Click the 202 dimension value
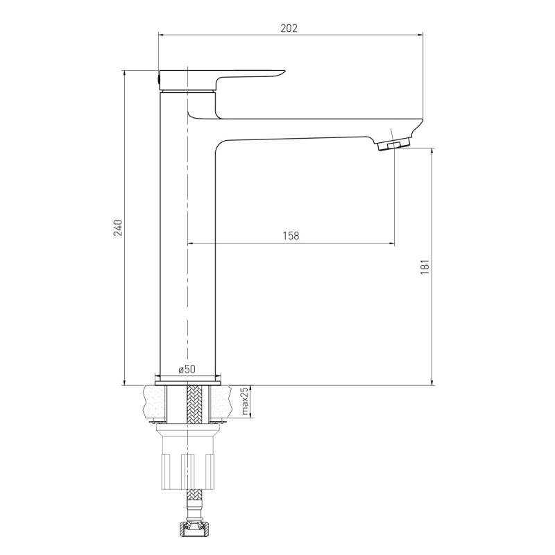pos(289,28)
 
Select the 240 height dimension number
pos(117,228)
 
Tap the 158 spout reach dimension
pos(291,235)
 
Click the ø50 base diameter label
pos(187,369)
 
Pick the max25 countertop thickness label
pos(245,401)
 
